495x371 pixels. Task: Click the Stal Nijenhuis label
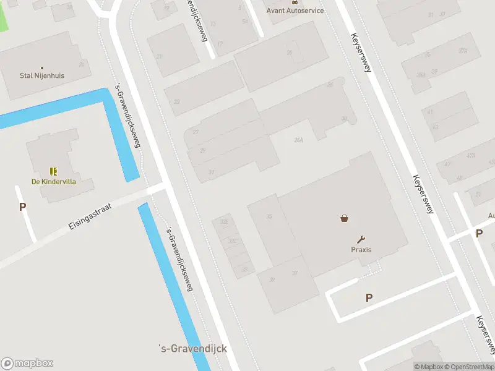click(42, 76)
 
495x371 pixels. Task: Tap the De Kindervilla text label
click(53, 182)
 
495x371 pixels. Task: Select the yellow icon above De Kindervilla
click(53, 171)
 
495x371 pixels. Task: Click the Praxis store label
click(361, 250)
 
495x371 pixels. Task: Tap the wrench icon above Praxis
click(361, 239)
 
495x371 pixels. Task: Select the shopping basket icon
click(344, 218)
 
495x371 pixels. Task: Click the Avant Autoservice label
click(295, 11)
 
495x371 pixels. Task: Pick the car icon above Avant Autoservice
click(294, 2)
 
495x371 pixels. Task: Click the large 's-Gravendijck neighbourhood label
click(192, 349)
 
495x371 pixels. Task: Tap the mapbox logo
click(27, 364)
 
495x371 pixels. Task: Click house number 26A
click(299, 140)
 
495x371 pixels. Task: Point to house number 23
click(177, 102)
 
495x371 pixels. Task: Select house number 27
click(196, 132)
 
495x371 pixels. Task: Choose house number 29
click(202, 150)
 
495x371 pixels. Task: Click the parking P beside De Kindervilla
click(22, 207)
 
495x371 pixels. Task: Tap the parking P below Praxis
click(369, 297)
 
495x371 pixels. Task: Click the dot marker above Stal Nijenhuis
click(42, 67)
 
